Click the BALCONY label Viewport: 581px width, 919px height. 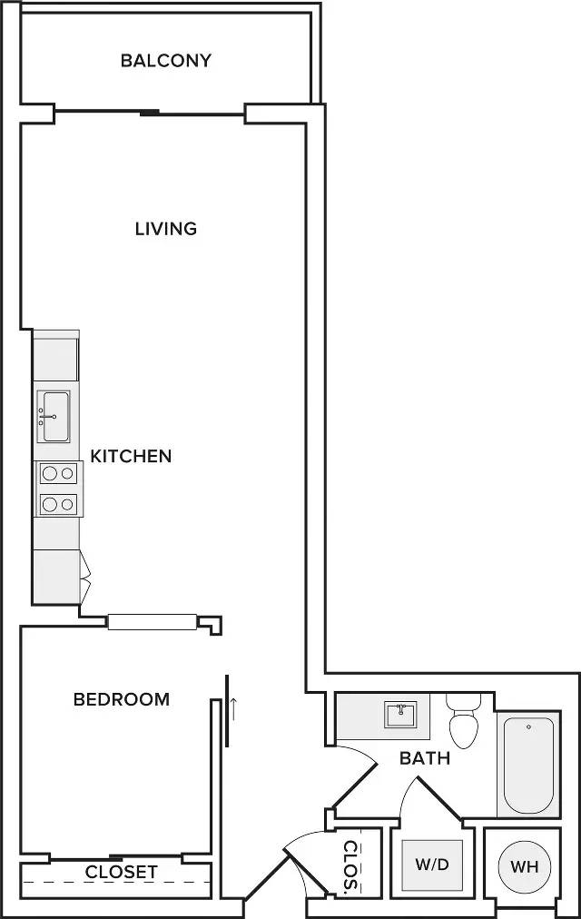pos(166,61)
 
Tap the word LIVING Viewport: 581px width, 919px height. pos(166,228)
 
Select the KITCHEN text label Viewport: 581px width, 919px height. pos(131,456)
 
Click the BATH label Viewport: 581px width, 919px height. pos(425,757)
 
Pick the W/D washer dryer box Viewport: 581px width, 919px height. pos(433,865)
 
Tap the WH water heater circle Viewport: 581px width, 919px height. pos(525,866)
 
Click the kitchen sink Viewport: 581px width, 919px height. pos(54,416)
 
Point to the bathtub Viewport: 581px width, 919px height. pos(528,765)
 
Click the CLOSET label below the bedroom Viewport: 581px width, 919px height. pos(122,873)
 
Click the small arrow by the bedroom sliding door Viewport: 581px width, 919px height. pos(233,707)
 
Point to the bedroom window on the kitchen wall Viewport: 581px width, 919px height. pos(153,622)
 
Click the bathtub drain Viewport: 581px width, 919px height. pos(528,726)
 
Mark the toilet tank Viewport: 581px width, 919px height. pos(463,701)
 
